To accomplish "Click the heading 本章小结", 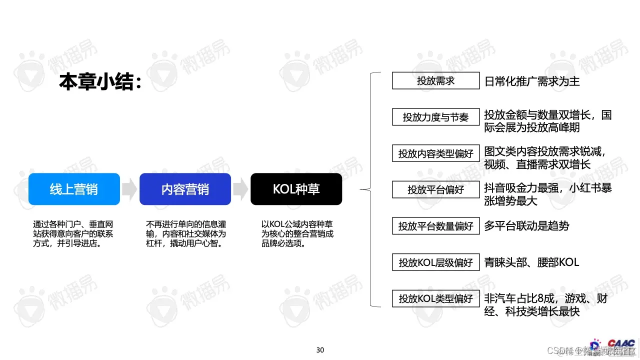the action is pyautogui.click(x=100, y=81).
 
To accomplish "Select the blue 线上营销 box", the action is pyautogui.click(x=74, y=189).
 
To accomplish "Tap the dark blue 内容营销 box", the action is pyautogui.click(x=185, y=189).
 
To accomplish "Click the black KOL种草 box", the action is pyautogui.click(x=296, y=189).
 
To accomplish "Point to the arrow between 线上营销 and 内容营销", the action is pyautogui.click(x=129, y=189).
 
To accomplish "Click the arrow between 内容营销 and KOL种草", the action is pyautogui.click(x=240, y=189).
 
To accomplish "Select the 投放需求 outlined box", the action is pyautogui.click(x=435, y=81).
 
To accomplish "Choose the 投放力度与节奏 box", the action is pyautogui.click(x=435, y=117).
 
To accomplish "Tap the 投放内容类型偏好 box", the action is pyautogui.click(x=435, y=153).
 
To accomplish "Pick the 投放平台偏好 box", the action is pyautogui.click(x=435, y=189).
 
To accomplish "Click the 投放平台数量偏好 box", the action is pyautogui.click(x=435, y=226).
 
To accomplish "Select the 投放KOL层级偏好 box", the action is pyautogui.click(x=435, y=262).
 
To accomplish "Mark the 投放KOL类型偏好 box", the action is pyautogui.click(x=435, y=298).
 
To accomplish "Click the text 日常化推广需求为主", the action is pyautogui.click(x=532, y=81).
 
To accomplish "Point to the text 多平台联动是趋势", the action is pyautogui.click(x=526, y=226).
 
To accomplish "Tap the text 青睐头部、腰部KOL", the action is pyautogui.click(x=531, y=262).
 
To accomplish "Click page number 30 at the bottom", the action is pyautogui.click(x=320, y=350).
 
